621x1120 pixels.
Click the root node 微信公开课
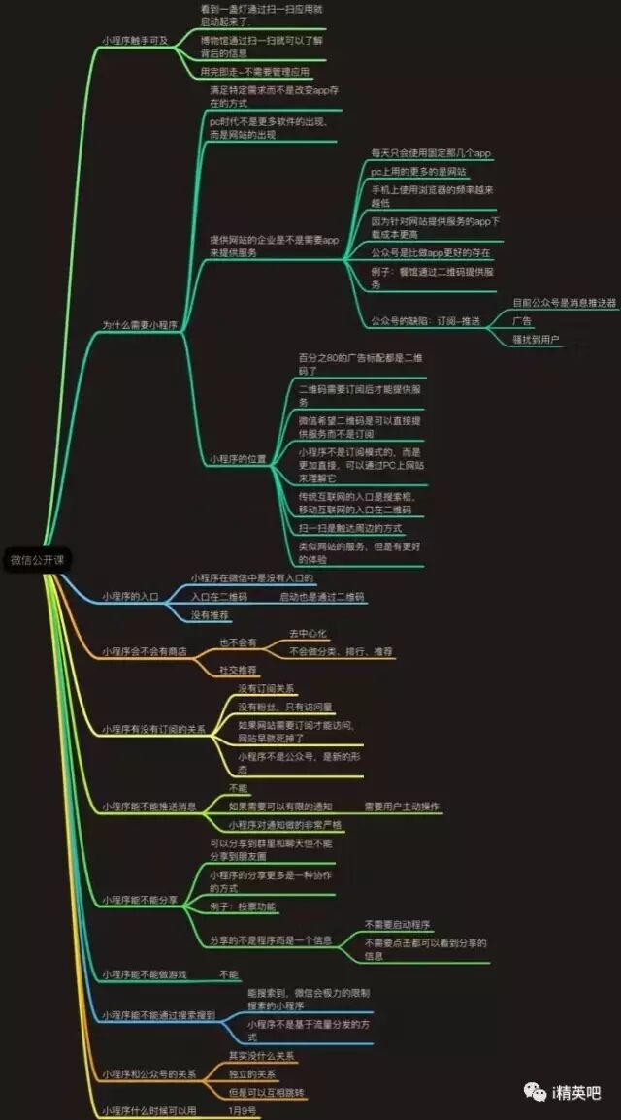click(36, 559)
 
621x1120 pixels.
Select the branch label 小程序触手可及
click(135, 41)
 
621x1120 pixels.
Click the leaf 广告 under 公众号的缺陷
click(522, 321)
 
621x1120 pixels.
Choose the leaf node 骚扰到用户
click(537, 340)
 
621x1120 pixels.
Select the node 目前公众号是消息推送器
click(565, 303)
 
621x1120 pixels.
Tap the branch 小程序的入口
click(131, 596)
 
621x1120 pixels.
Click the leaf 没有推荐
click(210, 614)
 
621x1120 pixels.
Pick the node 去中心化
click(309, 633)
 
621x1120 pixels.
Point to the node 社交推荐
click(238, 670)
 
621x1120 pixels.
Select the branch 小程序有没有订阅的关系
click(153, 729)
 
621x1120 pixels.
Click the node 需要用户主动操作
click(402, 807)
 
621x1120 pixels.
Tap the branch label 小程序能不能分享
click(140, 901)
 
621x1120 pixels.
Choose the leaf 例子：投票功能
click(243, 906)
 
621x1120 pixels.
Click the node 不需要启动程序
click(397, 925)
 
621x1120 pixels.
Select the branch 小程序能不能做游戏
click(145, 974)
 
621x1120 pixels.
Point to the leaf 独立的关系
click(252, 1073)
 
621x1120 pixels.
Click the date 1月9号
click(243, 1110)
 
